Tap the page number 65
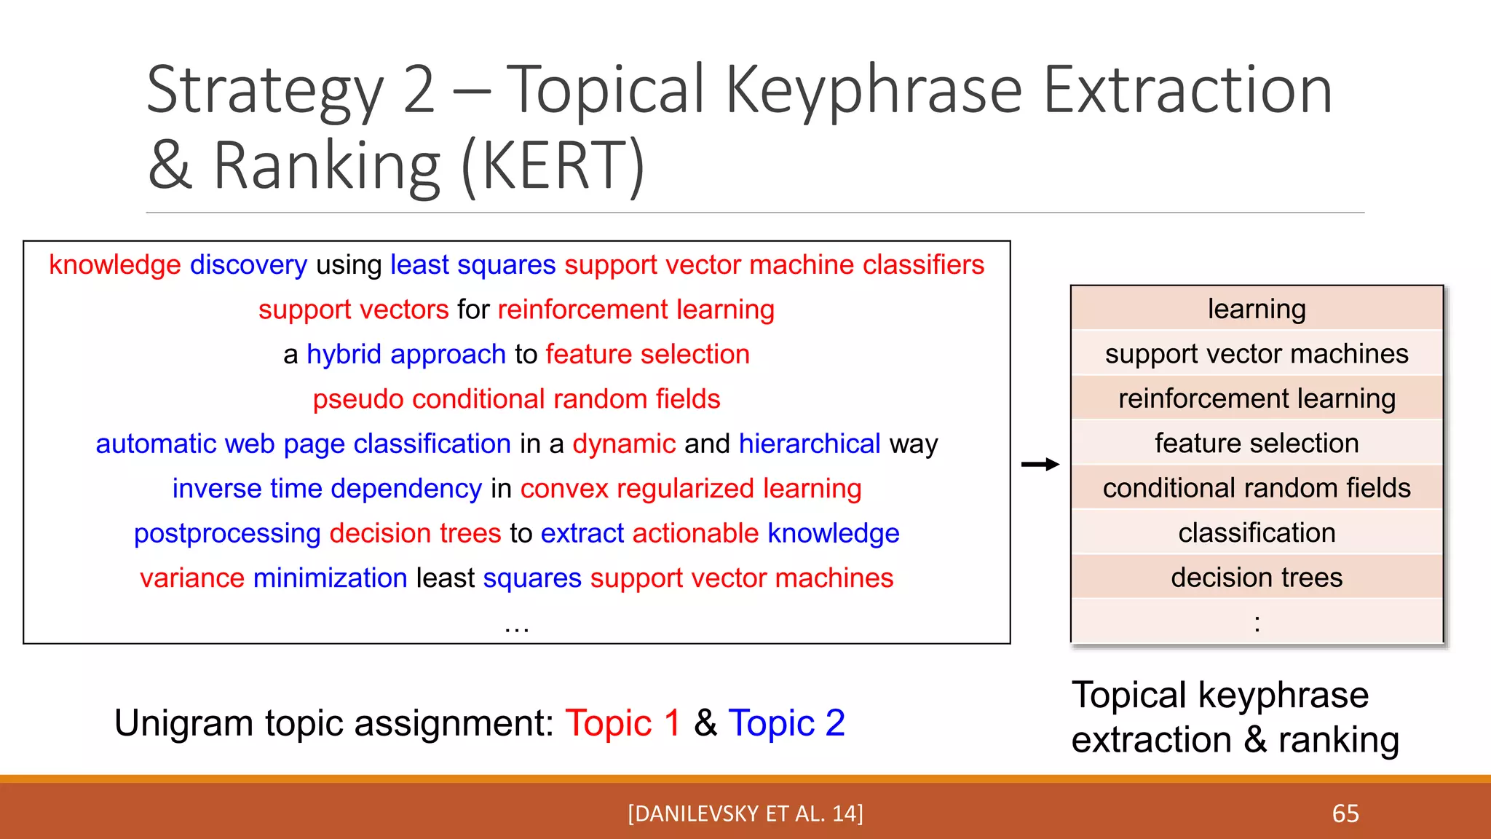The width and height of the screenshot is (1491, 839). point(1345,814)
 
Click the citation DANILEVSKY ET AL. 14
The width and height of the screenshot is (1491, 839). point(745,814)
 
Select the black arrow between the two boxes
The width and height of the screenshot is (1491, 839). point(1040,465)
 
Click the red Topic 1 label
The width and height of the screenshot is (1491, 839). point(622,723)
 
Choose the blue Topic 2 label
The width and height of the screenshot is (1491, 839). point(786,723)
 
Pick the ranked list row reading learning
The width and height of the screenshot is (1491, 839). point(1257,309)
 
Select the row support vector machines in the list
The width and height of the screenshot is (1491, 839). point(1257,354)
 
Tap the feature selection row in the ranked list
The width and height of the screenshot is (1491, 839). point(1257,444)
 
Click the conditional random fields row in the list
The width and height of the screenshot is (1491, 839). point(1257,488)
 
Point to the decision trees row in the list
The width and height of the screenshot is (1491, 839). point(1257,578)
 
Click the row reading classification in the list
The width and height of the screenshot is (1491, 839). point(1257,533)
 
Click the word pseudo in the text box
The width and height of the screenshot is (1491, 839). point(357,400)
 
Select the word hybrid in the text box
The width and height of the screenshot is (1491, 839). point(344,355)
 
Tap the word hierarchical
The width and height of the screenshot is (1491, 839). point(810,444)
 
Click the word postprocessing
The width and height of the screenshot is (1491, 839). point(227,534)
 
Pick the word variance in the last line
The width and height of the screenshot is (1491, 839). point(192,578)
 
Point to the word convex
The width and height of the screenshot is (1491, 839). point(563,489)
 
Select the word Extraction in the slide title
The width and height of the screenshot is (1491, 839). point(1187,90)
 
